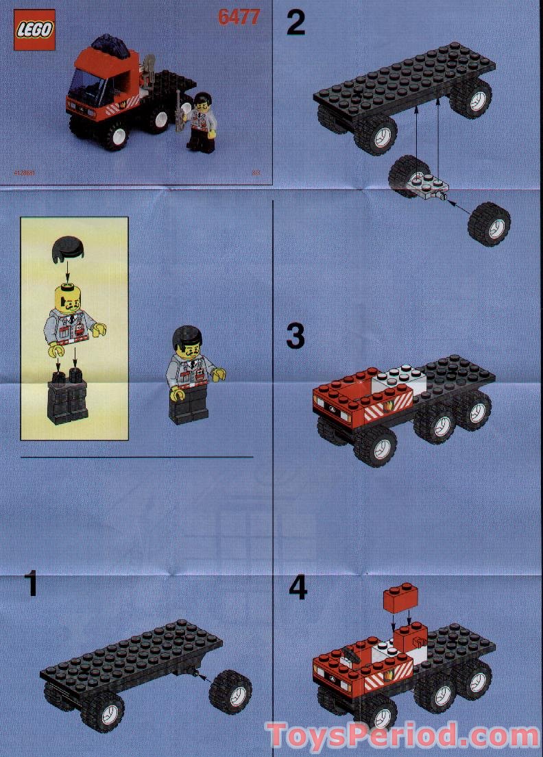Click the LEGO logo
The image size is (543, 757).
34,31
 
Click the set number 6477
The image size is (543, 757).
239,17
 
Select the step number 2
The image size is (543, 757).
295,23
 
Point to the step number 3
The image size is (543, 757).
295,337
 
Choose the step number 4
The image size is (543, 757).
298,588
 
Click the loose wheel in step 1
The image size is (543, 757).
230,692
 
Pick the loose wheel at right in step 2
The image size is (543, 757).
489,224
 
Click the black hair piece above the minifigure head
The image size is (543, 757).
67,247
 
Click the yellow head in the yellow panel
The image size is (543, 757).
67,299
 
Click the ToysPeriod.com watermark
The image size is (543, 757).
403,735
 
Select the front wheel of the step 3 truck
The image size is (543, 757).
376,446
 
